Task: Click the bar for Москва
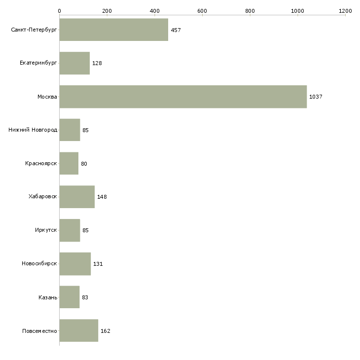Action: pos(183,97)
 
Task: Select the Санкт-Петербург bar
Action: pos(113,30)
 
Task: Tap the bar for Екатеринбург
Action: pos(74,63)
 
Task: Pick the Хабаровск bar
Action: pos(77,197)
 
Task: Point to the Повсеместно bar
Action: pos(78,330)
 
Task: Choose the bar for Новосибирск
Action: pos(75,264)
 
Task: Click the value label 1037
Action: pos(316,97)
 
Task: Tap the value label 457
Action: pos(176,30)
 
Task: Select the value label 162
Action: pos(105,331)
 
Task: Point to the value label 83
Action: pos(85,297)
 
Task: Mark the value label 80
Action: pos(84,164)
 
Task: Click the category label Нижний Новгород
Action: pos(33,130)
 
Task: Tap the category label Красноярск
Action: pos(41,163)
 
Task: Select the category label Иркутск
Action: pos(45,230)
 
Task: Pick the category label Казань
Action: pos(47,297)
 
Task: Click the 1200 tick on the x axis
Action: pos(345,10)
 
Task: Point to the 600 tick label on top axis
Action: pos(202,10)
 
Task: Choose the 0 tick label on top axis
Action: pos(59,10)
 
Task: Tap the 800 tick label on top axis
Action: pos(250,10)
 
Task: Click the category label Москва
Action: pos(47,97)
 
